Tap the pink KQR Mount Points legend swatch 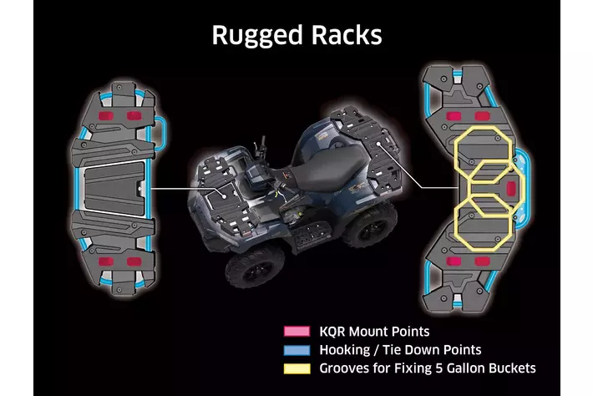293,332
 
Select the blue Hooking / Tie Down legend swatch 293,349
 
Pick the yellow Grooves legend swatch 293,368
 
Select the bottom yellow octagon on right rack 482,221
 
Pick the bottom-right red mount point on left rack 132,262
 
